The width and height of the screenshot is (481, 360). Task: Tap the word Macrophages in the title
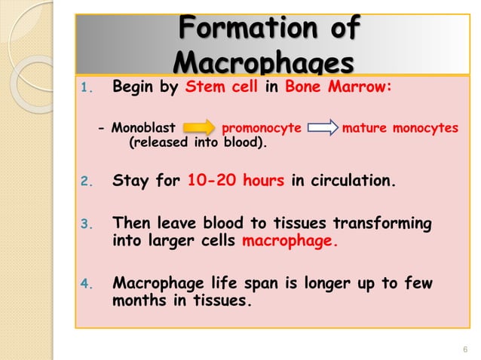coord(263,60)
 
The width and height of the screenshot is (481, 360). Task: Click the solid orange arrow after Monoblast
coord(198,128)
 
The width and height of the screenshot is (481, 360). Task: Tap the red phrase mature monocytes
coord(400,128)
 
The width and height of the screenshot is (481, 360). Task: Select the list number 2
coord(85,182)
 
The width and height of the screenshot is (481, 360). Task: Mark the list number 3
coord(85,224)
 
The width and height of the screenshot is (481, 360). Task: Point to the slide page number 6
coord(464,347)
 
